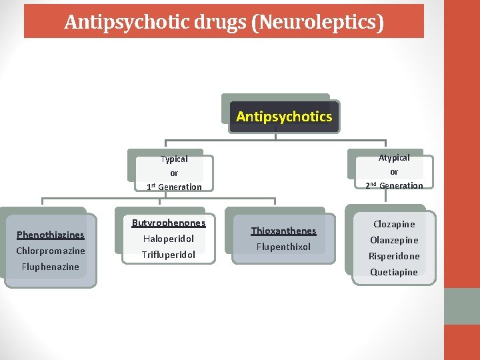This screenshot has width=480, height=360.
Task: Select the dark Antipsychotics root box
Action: click(284, 117)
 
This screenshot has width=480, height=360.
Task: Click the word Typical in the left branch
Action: click(174, 159)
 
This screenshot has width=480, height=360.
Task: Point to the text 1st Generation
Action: click(174, 187)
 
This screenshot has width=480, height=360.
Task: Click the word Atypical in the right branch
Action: click(394, 158)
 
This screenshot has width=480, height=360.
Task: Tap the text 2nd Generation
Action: click(394, 186)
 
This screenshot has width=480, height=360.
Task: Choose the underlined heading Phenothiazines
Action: click(51, 235)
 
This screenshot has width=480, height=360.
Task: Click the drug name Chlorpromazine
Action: click(51, 251)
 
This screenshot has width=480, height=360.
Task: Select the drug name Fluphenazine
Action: click(51, 267)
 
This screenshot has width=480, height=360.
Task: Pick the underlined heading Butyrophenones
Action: click(169, 223)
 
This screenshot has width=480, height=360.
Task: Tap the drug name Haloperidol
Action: click(169, 239)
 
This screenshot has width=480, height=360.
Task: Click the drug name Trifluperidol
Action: click(169, 255)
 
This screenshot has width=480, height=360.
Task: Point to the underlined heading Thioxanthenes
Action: click(283, 231)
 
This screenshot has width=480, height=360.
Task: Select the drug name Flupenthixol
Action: click(283, 247)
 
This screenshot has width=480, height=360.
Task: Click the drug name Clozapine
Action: click(394, 224)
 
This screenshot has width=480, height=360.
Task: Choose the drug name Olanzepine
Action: click(394, 240)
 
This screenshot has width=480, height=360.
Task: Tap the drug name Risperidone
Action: click(394, 256)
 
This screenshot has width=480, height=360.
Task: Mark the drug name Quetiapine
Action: click(394, 272)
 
